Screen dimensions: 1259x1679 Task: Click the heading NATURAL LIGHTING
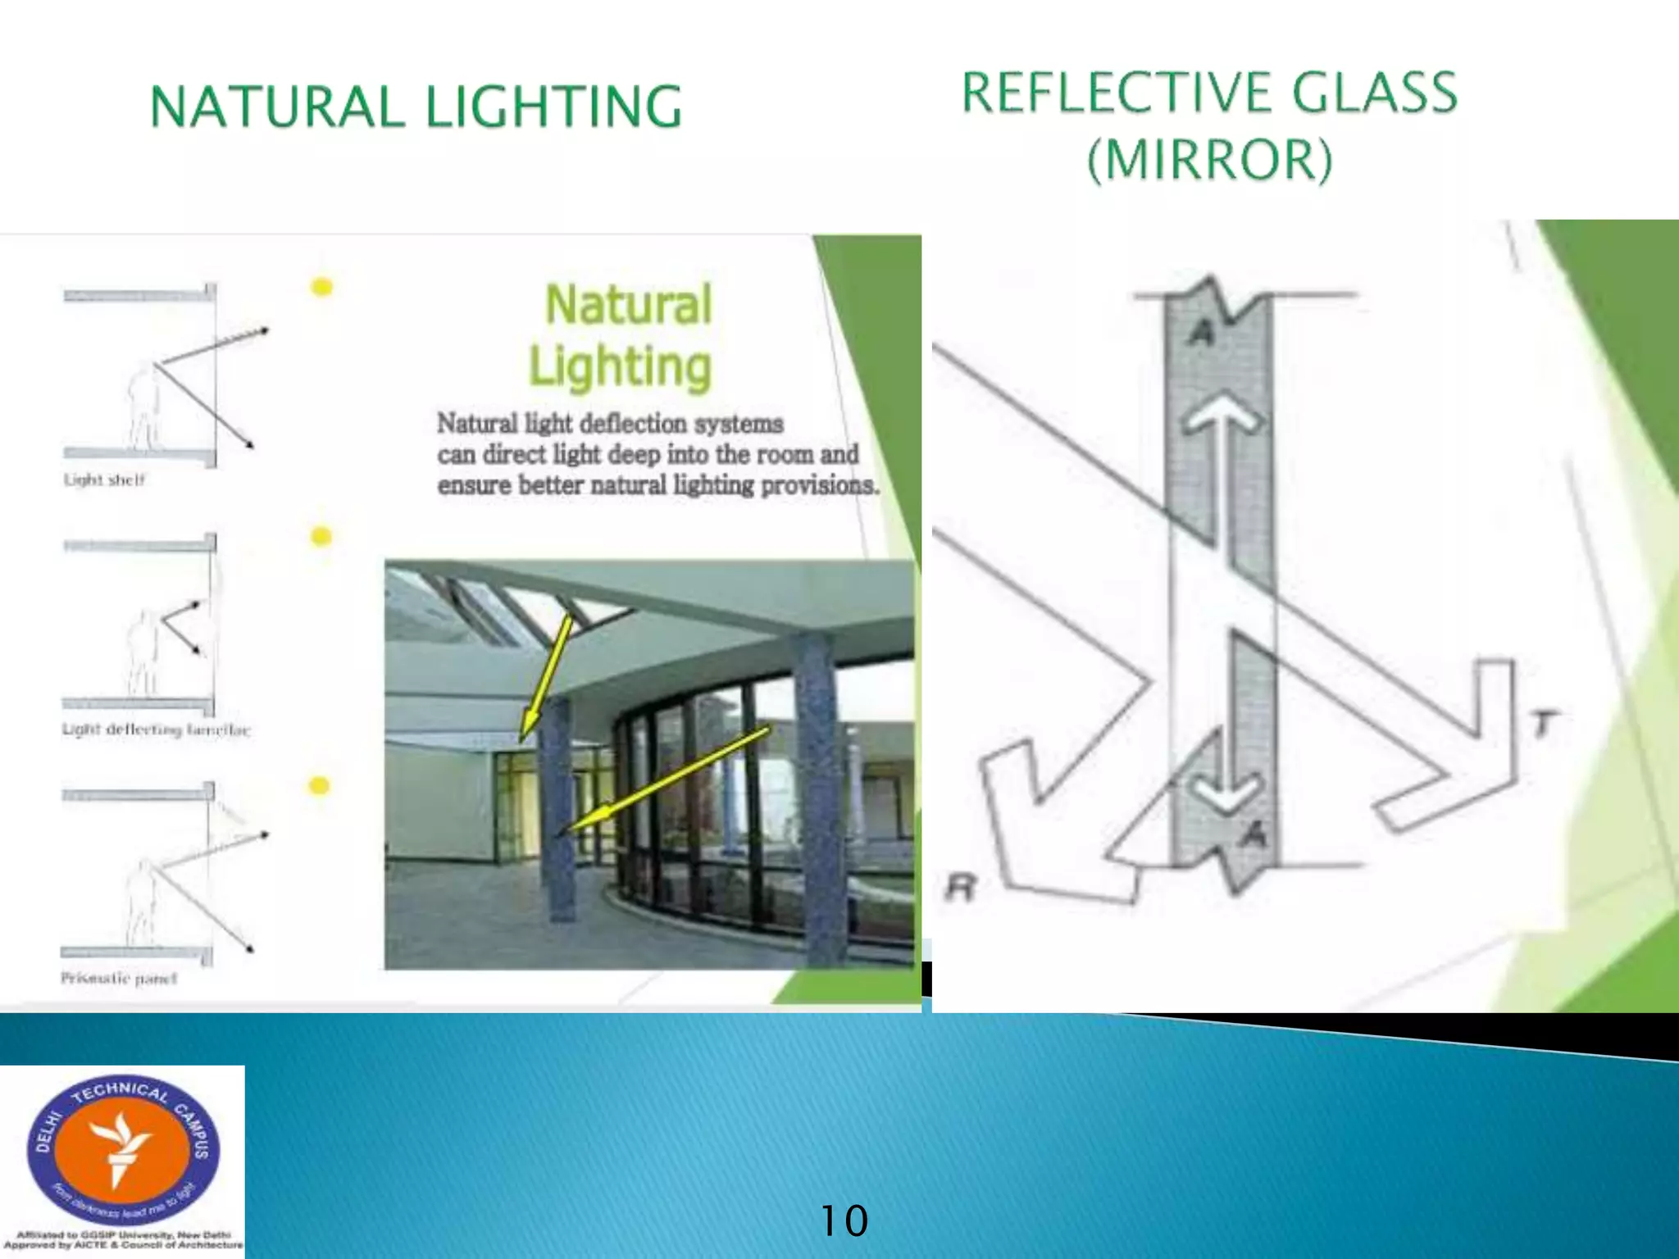[x=416, y=107]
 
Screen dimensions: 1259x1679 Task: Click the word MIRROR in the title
[x=1210, y=159]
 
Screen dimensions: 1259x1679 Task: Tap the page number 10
[x=844, y=1220]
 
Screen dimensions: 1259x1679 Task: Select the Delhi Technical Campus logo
[x=123, y=1151]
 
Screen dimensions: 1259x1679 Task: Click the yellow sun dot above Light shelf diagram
[x=322, y=287]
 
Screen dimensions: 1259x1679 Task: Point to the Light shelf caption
[x=104, y=480]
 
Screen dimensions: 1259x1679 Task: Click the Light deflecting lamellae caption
[x=156, y=729]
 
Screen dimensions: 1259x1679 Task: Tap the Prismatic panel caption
[x=119, y=978]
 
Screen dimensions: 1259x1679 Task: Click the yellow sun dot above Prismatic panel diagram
[x=319, y=786]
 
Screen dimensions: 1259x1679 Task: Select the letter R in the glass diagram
[x=962, y=887]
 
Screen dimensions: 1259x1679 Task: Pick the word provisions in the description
[x=819, y=485]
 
